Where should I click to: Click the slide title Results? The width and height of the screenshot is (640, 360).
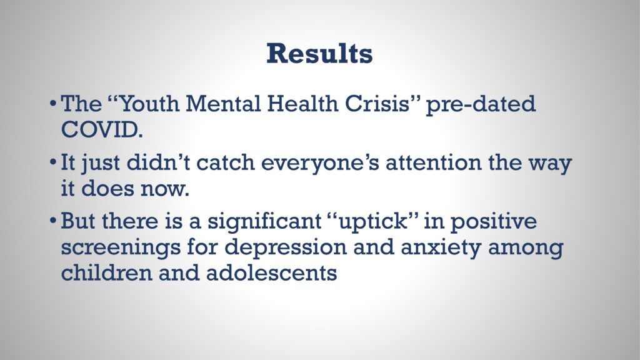pyautogui.click(x=319, y=54)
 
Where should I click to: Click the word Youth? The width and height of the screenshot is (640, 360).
pyautogui.click(x=149, y=104)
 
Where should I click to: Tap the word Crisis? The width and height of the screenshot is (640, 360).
pyautogui.click(x=376, y=104)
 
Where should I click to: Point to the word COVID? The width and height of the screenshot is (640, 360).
pyautogui.click(x=102, y=130)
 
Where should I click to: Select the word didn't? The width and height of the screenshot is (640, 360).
pyautogui.click(x=158, y=162)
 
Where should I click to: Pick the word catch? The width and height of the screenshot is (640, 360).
pyautogui.click(x=225, y=162)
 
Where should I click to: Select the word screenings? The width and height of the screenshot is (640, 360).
pyautogui.click(x=121, y=248)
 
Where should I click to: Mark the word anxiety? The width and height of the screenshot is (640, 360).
pyautogui.click(x=441, y=248)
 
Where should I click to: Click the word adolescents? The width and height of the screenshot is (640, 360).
pyautogui.click(x=271, y=272)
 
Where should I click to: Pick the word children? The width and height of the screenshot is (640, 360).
pyautogui.click(x=106, y=272)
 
